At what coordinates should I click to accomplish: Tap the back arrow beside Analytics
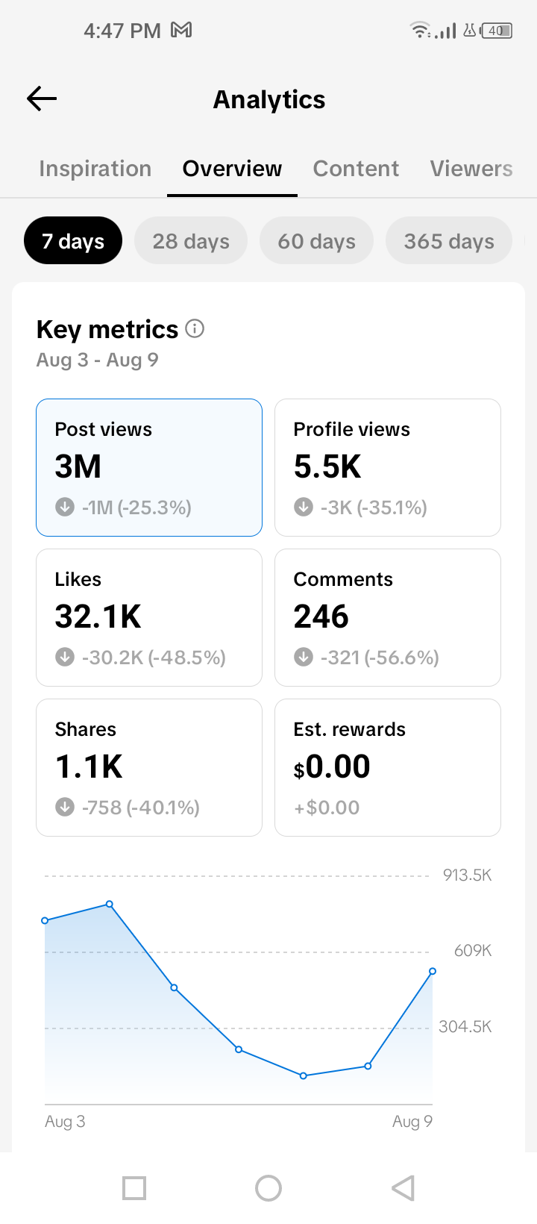pyautogui.click(x=42, y=99)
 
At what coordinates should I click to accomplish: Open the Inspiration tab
pyautogui.click(x=95, y=169)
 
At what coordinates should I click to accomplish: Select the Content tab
pyautogui.click(x=356, y=169)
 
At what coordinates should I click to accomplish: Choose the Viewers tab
pyautogui.click(x=471, y=169)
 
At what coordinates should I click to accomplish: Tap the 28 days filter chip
pyautogui.click(x=191, y=240)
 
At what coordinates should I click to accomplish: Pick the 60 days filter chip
pyautogui.click(x=316, y=240)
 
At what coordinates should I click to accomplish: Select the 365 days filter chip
pyautogui.click(x=448, y=240)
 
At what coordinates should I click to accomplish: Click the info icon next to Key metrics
pyautogui.click(x=195, y=328)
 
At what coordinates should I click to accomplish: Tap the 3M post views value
pyautogui.click(x=78, y=466)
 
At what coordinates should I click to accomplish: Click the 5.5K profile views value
pyautogui.click(x=327, y=466)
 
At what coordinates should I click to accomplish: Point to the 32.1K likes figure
pyautogui.click(x=98, y=616)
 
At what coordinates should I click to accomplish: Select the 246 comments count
pyautogui.click(x=321, y=616)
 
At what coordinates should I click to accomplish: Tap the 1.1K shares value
pyautogui.click(x=89, y=766)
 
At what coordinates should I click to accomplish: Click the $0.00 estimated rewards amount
pyautogui.click(x=332, y=766)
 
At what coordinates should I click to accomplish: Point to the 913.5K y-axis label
pyautogui.click(x=467, y=875)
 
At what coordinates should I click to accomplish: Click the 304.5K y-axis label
pyautogui.click(x=465, y=1026)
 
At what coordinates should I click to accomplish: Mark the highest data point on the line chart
pyautogui.click(x=109, y=905)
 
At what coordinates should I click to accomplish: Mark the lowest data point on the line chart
pyautogui.click(x=304, y=1075)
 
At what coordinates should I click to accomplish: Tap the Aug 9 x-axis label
pyautogui.click(x=412, y=1121)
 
